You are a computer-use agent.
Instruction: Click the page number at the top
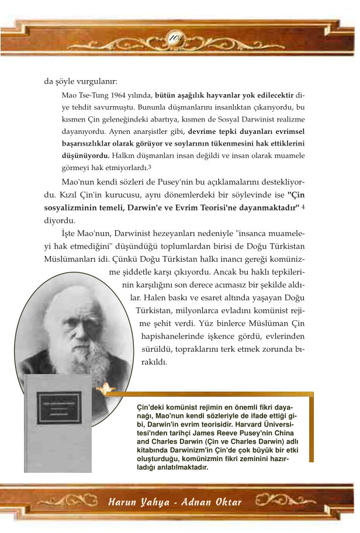pyautogui.click(x=176, y=38)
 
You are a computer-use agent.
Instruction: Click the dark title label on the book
pyautogui.click(x=58, y=407)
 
